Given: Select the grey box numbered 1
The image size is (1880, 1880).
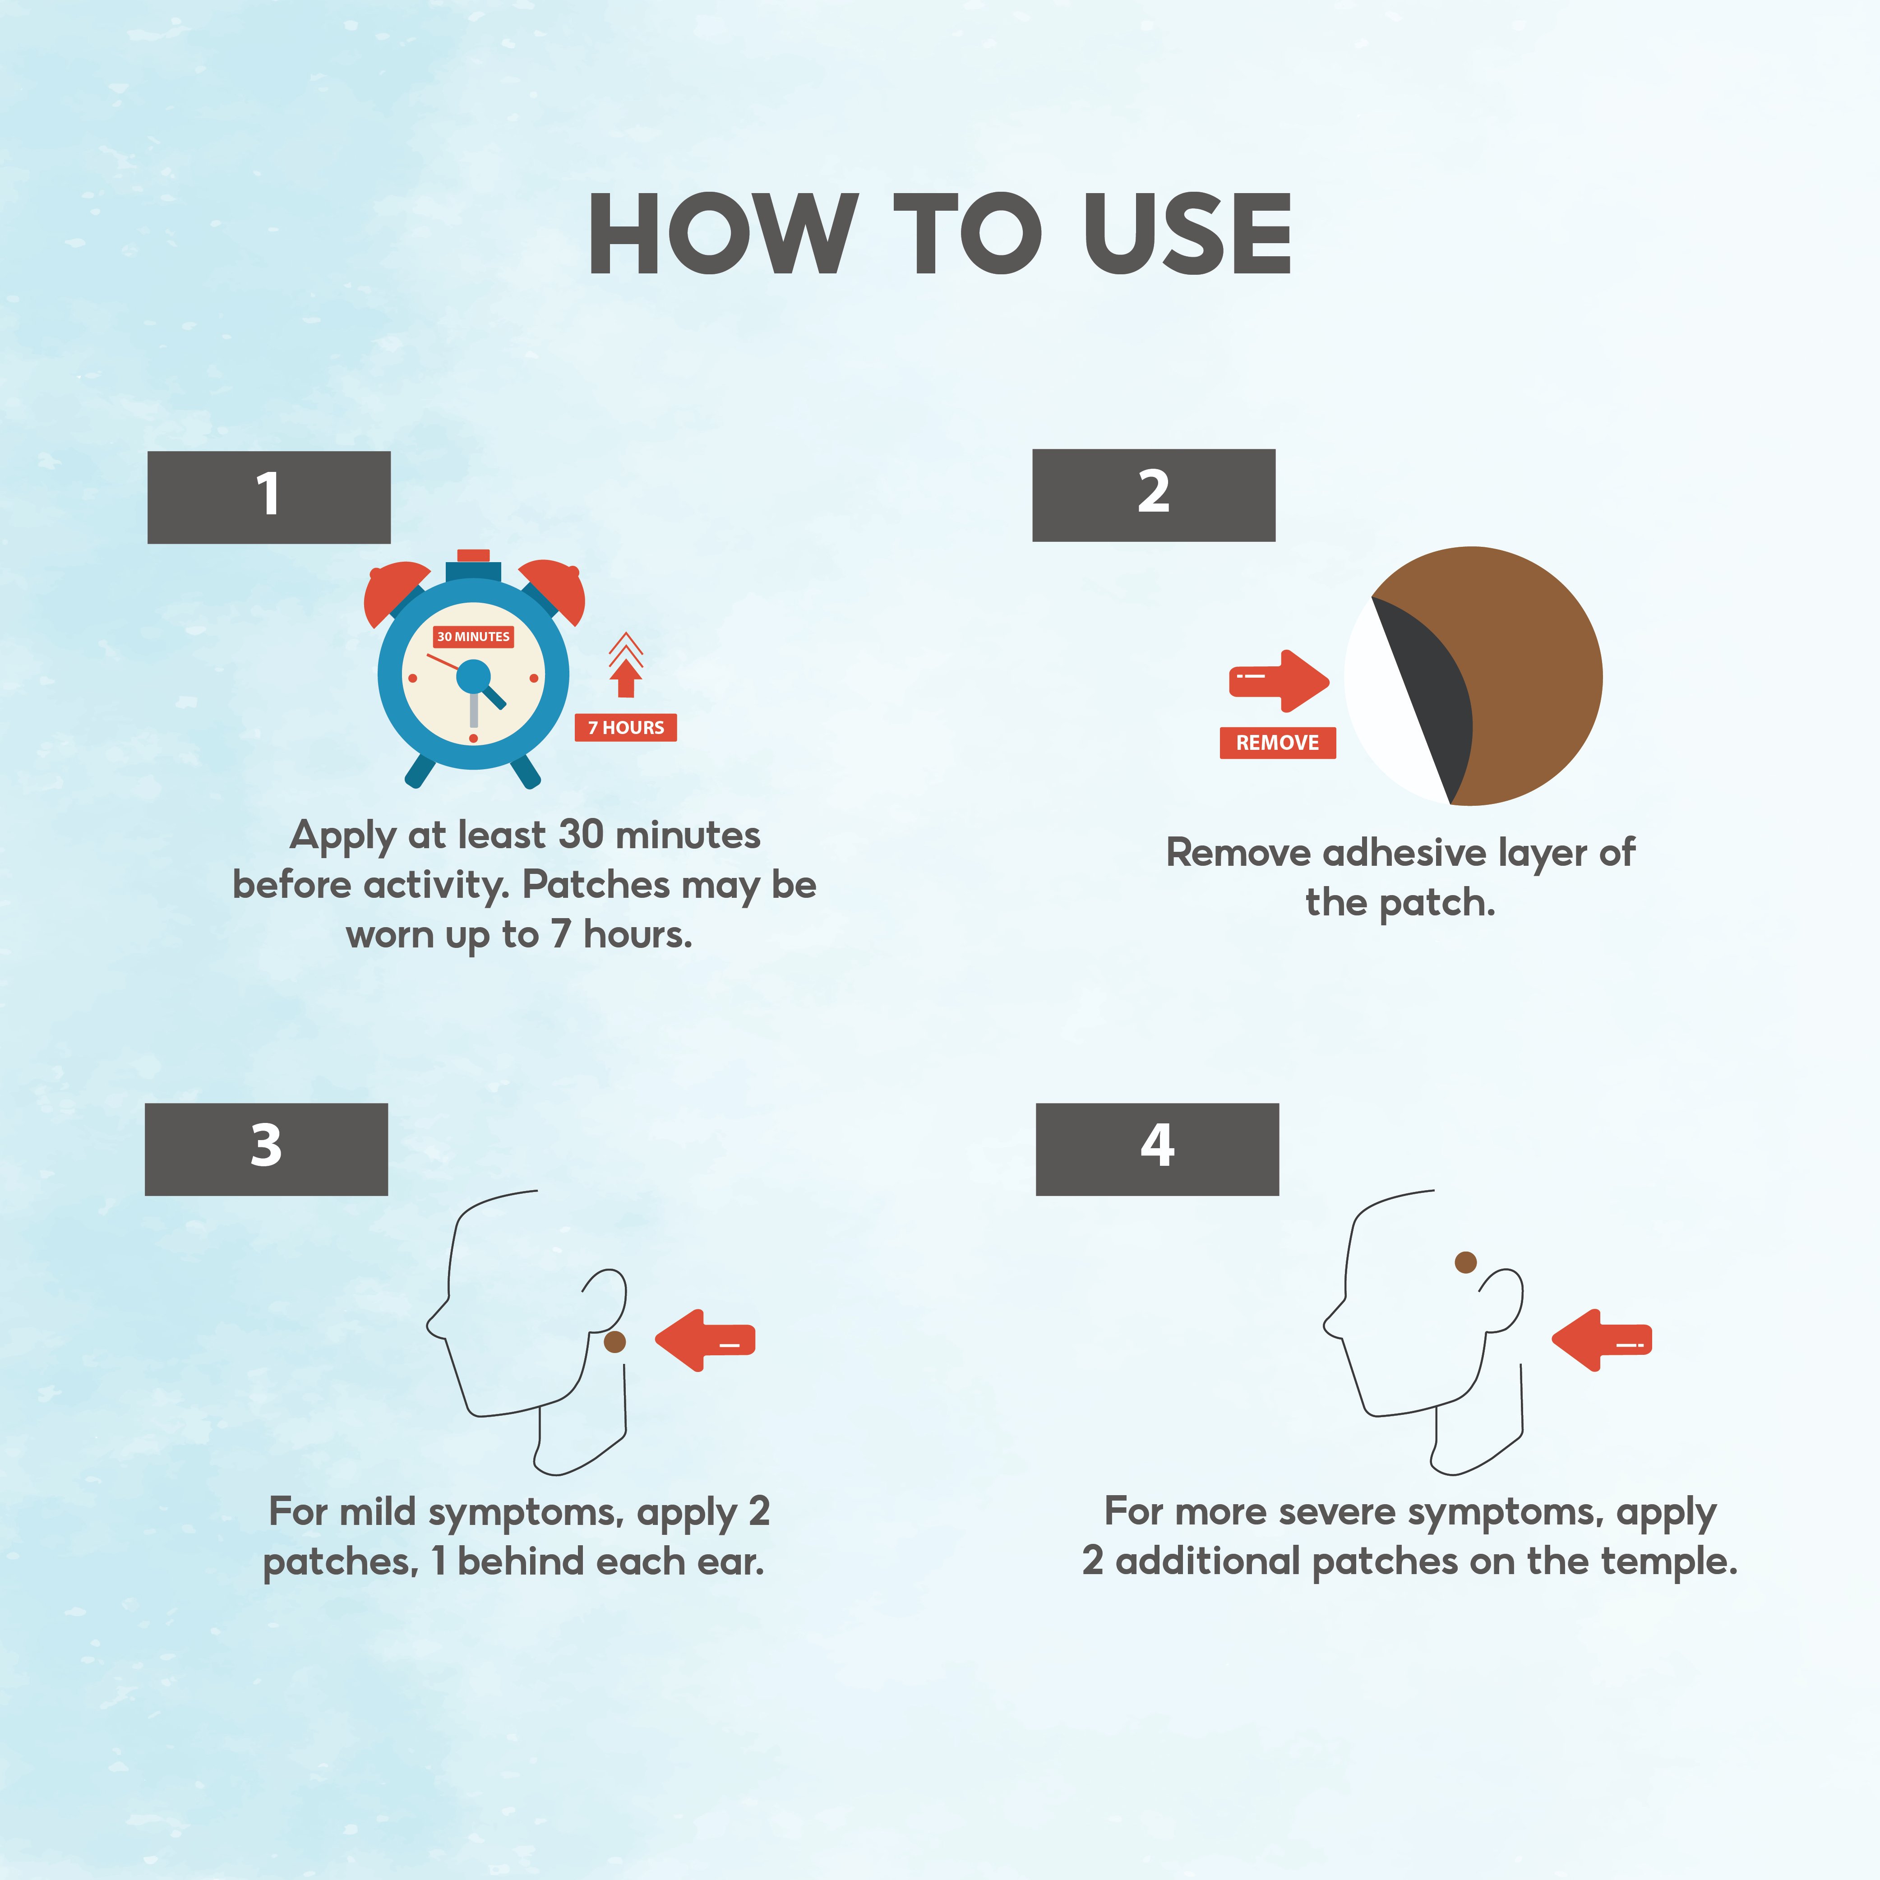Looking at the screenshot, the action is point(268,497).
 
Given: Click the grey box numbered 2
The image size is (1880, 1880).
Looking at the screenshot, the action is point(1153,495).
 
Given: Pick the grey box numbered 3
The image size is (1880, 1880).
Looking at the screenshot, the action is point(266,1149).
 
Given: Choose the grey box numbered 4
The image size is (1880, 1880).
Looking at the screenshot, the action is point(1157,1149).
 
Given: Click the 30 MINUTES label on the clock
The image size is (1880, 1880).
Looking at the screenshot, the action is point(473,637).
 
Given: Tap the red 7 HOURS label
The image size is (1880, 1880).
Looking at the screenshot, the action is point(626,727).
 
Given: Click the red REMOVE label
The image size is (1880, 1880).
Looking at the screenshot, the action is point(1278,743).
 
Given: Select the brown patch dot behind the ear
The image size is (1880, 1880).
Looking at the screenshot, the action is point(615,1342).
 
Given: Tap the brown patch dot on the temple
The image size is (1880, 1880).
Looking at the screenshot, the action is point(1465,1262).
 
